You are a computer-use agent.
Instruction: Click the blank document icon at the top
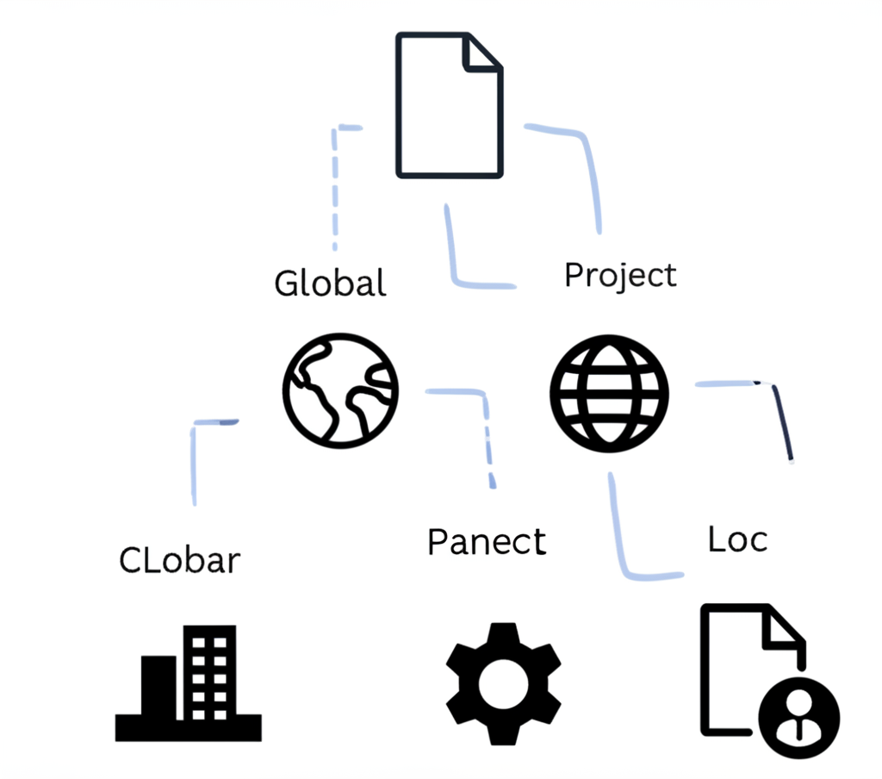pos(448,108)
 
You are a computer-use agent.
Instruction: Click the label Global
pos(330,283)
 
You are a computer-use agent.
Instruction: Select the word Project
pos(620,276)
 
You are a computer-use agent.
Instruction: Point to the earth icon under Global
pos(341,390)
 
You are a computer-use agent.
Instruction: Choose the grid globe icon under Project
pos(609,393)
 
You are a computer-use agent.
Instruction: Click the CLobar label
pos(179,560)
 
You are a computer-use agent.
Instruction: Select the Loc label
pos(737,539)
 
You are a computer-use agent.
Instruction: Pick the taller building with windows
pos(208,672)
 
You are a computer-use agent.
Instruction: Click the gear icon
pos(504,683)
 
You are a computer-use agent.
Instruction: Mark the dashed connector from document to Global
pos(335,185)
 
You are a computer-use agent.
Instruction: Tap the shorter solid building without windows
pos(158,687)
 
